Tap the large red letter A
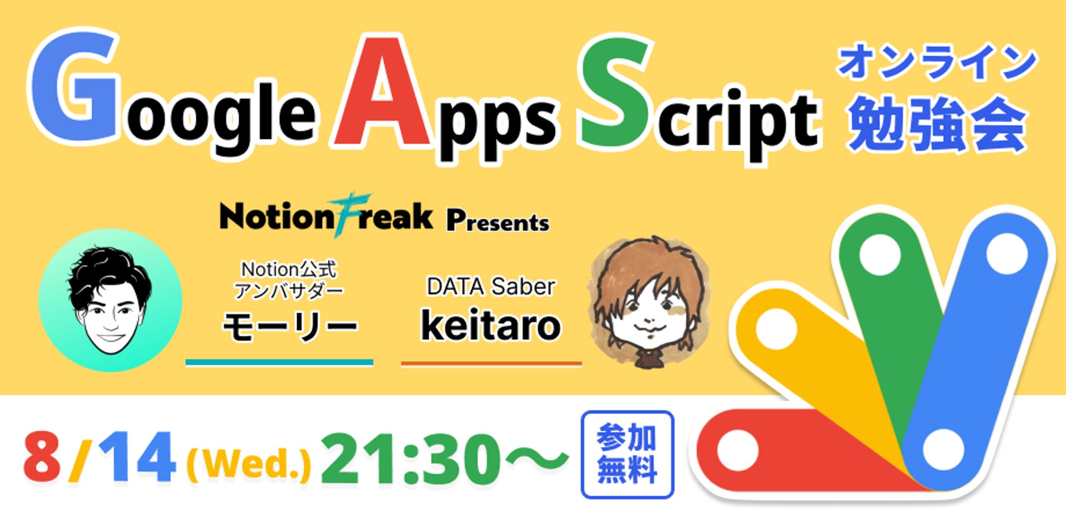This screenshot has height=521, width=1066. pos(384,93)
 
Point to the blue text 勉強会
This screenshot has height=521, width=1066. pos(937,124)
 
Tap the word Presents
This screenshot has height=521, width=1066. pos(498,222)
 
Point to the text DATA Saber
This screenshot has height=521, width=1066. pos(491,287)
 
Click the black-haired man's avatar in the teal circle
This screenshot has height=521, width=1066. pos(110,300)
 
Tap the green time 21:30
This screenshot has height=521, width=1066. pos(411,459)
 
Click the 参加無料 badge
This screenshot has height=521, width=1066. pos(627,454)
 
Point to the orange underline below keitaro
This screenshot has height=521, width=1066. pos(492,363)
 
